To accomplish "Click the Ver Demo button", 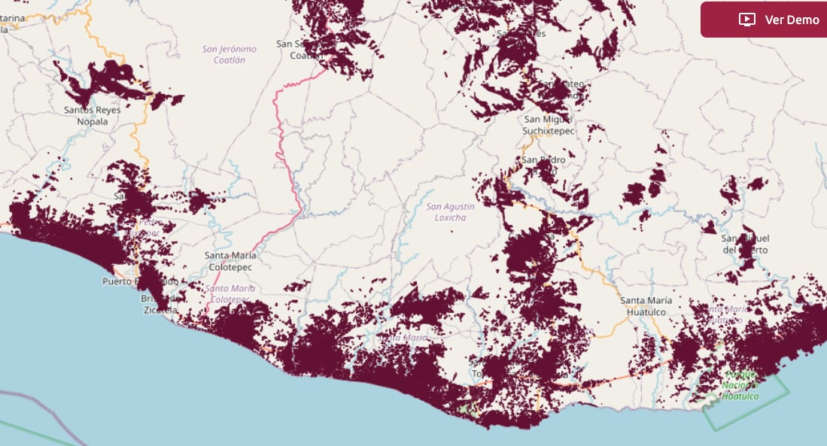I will pyautogui.click(x=763, y=20).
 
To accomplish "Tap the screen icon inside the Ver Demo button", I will pyautogui.click(x=746, y=20).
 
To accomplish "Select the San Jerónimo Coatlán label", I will pyautogui.click(x=229, y=54).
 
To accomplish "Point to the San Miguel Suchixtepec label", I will pyautogui.click(x=548, y=125).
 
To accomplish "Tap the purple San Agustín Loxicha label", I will pyautogui.click(x=451, y=212).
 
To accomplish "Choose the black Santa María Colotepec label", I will pyautogui.click(x=230, y=260).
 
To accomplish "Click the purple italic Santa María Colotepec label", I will pyautogui.click(x=230, y=293).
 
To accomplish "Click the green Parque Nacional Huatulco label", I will pyautogui.click(x=740, y=385).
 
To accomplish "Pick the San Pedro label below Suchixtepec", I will pyautogui.click(x=543, y=159).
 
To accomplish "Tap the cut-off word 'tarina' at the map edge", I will pyautogui.click(x=14, y=18).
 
